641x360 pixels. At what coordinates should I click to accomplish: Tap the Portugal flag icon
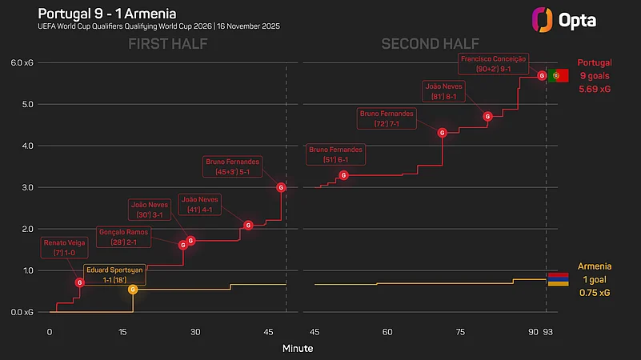click(x=558, y=75)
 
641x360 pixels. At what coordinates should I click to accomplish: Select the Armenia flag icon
click(x=558, y=278)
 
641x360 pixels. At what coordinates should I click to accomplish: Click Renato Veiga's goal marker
click(x=79, y=282)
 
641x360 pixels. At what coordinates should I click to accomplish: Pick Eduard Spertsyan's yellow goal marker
click(x=133, y=289)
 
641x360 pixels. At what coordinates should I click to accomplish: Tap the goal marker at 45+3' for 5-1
click(x=281, y=187)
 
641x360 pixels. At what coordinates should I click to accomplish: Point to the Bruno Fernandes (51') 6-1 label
click(x=336, y=154)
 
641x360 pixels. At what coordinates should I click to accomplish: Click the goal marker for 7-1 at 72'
click(x=442, y=133)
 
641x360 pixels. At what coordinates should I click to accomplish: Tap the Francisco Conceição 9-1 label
click(x=494, y=64)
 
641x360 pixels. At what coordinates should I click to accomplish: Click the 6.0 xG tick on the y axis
click(x=22, y=63)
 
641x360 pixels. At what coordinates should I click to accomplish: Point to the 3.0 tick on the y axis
click(x=27, y=187)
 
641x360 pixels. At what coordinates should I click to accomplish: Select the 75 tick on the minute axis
click(x=460, y=332)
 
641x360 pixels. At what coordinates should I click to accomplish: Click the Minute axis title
click(x=298, y=349)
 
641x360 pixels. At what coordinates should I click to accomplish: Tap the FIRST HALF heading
click(x=168, y=44)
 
